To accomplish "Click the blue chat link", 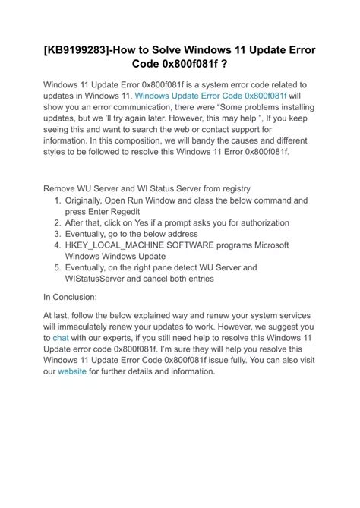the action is click(60, 336).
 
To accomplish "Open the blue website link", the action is click(72, 372).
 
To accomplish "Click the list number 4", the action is click(57, 246).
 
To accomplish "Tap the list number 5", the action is click(57, 268).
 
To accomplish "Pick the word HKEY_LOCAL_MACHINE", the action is click(126, 246).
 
